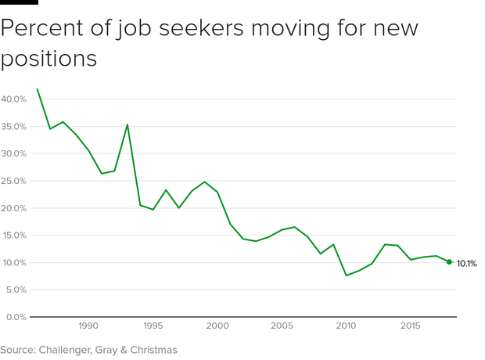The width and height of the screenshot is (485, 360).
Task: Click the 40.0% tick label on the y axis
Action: pyautogui.click(x=14, y=99)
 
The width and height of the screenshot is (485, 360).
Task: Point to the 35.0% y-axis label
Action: pyautogui.click(x=14, y=127)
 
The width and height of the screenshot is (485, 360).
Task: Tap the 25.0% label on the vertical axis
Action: pyautogui.click(x=14, y=181)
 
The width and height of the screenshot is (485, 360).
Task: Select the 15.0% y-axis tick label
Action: pyautogui.click(x=14, y=236)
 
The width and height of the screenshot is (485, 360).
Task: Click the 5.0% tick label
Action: pyautogui.click(x=16, y=290)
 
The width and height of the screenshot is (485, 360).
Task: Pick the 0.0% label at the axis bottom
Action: pyautogui.click(x=16, y=317)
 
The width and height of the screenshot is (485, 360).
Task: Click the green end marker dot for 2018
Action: pyautogui.click(x=449, y=262)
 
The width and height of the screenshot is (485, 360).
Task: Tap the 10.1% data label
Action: pyautogui.click(x=467, y=264)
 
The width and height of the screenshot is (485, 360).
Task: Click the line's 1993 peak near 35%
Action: pyautogui.click(x=128, y=124)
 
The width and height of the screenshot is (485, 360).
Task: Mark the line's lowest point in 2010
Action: pyautogui.click(x=347, y=275)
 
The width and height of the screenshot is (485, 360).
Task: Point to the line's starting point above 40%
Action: pyautogui.click(x=37, y=89)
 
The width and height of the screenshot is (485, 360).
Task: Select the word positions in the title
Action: pyautogui.click(x=48, y=59)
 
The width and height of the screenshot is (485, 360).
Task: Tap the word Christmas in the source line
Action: pyautogui.click(x=151, y=350)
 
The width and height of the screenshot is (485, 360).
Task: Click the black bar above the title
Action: pyautogui.click(x=19, y=2)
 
